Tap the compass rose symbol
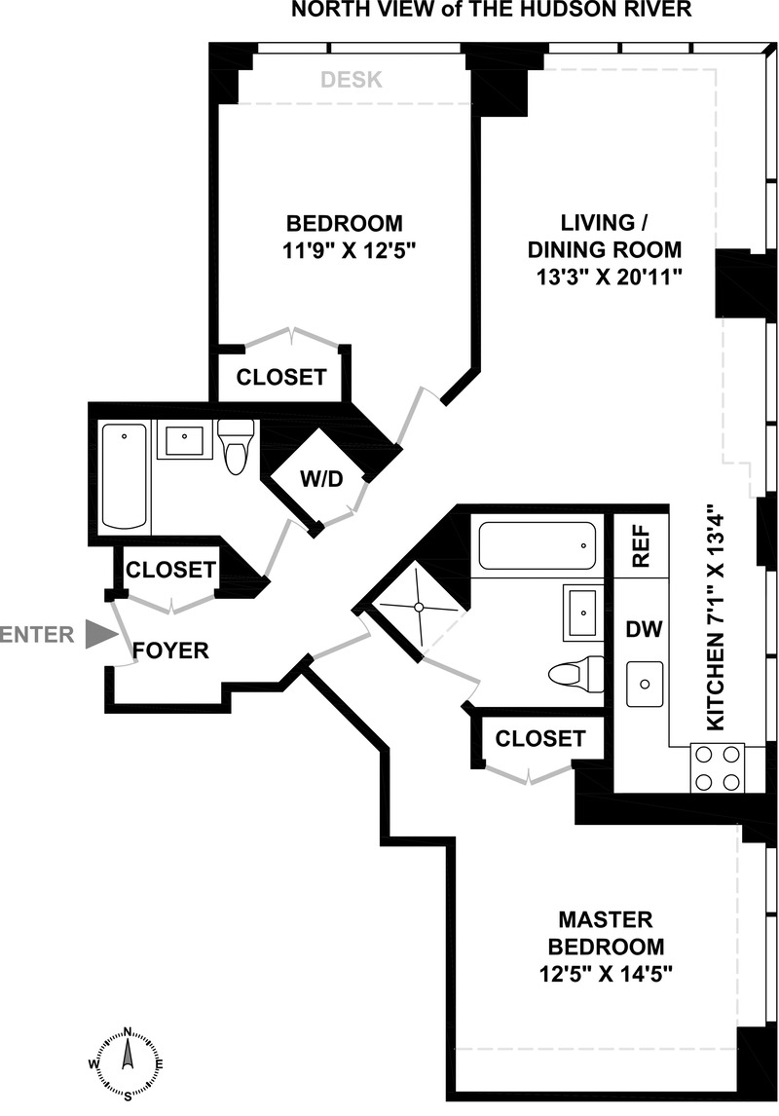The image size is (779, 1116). pos(128,1062)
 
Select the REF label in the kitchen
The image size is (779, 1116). pos(641,547)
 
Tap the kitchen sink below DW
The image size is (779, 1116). pos(644,683)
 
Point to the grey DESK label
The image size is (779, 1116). pos(352,80)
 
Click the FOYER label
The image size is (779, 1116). pos(170,651)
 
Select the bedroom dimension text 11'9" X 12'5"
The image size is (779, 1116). pos(331,250)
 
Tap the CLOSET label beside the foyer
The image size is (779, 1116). pos(170,569)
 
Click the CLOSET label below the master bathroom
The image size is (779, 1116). pos(540,739)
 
